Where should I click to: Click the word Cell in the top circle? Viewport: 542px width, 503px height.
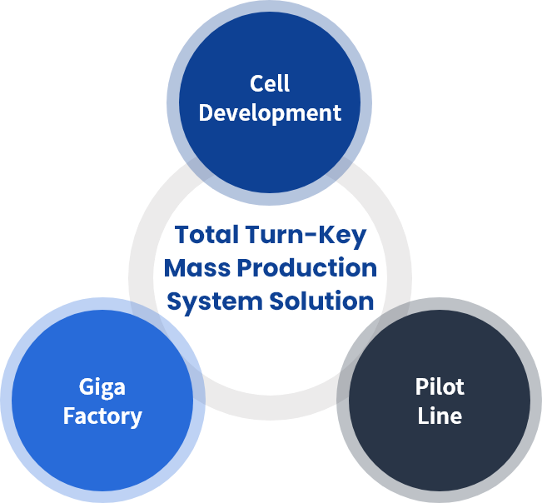click(x=270, y=83)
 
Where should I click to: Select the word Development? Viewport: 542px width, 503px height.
click(x=270, y=113)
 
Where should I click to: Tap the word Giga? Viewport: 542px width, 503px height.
click(x=102, y=387)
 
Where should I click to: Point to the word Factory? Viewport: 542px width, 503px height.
click(x=102, y=416)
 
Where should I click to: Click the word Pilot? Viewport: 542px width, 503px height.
click(x=440, y=386)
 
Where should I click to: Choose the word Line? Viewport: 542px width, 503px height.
click(x=440, y=416)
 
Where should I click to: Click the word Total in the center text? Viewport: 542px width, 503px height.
click(x=206, y=234)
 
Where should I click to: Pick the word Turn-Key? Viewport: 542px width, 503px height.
click(x=306, y=236)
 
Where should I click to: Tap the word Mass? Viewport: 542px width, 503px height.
click(x=197, y=268)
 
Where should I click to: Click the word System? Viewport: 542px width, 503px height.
click(x=215, y=302)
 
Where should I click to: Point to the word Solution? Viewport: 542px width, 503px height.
click(x=322, y=301)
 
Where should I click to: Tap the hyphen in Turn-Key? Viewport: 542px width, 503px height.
click(x=309, y=236)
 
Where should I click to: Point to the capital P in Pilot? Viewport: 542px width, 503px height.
click(x=422, y=387)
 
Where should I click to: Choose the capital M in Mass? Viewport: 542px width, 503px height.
click(x=175, y=268)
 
